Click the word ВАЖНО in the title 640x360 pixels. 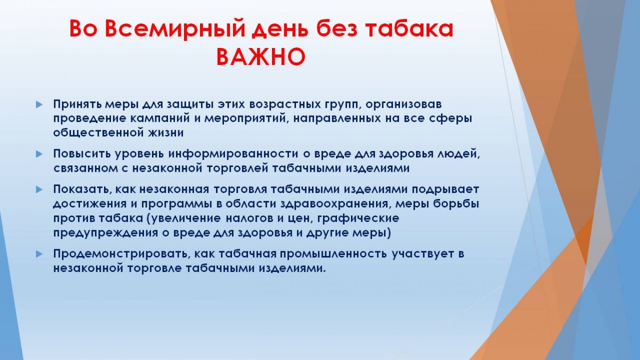pyautogui.click(x=261, y=57)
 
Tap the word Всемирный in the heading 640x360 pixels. pyautogui.click(x=175, y=29)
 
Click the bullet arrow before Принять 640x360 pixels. pyautogui.click(x=39, y=105)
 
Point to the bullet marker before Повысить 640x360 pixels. pyautogui.click(x=39, y=154)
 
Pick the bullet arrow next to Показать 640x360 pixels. pyautogui.click(x=39, y=190)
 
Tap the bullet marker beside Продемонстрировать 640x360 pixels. pyautogui.click(x=39, y=254)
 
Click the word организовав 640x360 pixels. pyautogui.click(x=404, y=105)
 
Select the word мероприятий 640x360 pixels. pyautogui.click(x=246, y=119)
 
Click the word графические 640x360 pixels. pyautogui.click(x=358, y=219)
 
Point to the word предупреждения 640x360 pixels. pyautogui.click(x=106, y=233)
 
